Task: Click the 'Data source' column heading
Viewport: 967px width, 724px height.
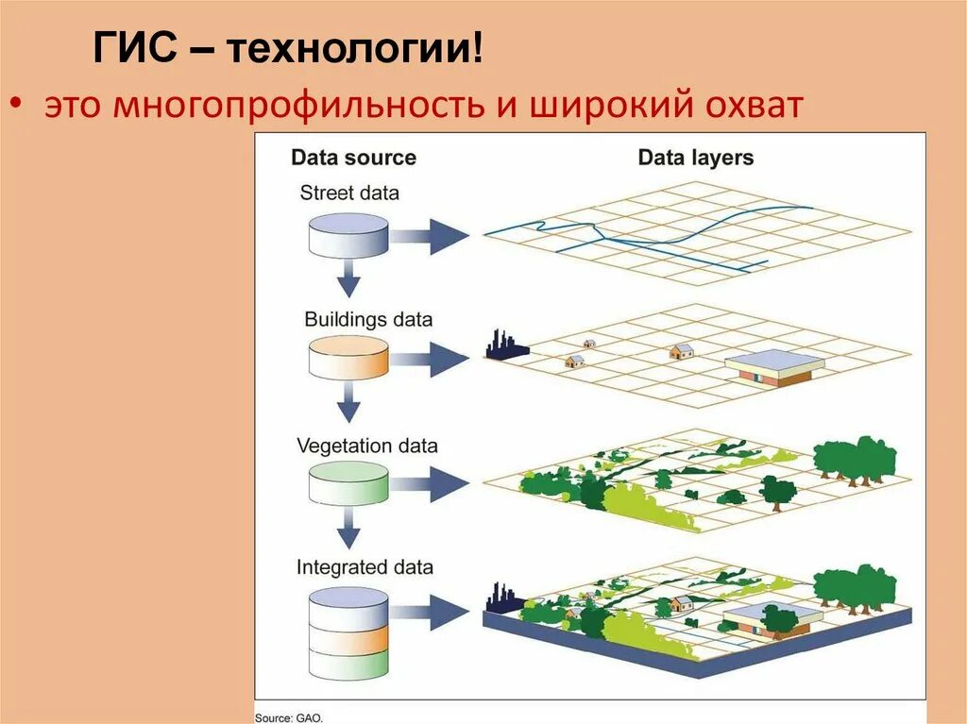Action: [x=353, y=158]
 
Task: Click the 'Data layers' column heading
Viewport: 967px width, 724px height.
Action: [x=696, y=158]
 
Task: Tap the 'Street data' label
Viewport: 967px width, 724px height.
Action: [x=349, y=193]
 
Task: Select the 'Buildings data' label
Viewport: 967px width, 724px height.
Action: [x=368, y=319]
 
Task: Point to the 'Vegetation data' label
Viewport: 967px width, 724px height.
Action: [x=367, y=445]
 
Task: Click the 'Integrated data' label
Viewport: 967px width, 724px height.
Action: [x=365, y=567]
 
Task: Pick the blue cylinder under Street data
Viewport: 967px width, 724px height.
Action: [x=348, y=235]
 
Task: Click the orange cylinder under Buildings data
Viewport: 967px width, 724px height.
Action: [x=348, y=360]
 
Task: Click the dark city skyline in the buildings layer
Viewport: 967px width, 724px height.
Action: [x=505, y=346]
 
